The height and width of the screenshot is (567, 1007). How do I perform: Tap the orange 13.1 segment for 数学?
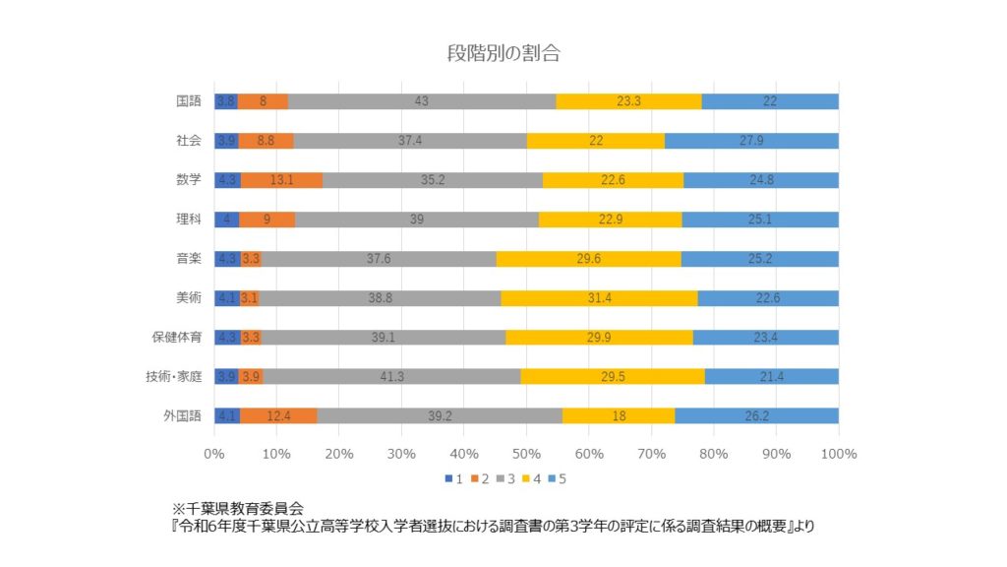pyautogui.click(x=281, y=179)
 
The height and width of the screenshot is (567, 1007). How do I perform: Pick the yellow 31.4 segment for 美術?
pyautogui.click(x=599, y=297)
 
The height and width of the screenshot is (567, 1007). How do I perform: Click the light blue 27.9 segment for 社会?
pyautogui.click(x=751, y=140)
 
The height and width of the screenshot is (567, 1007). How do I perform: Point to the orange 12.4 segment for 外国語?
pyautogui.click(x=278, y=415)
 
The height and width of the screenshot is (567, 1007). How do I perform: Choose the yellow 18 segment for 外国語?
pyautogui.click(x=619, y=415)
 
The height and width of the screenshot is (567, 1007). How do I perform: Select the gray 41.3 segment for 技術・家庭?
pyautogui.click(x=391, y=376)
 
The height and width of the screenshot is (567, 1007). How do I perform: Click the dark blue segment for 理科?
pyautogui.click(x=226, y=219)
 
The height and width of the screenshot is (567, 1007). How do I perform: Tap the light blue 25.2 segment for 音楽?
pyautogui.click(x=759, y=258)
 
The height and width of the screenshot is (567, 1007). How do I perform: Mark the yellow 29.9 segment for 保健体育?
pyautogui.click(x=599, y=337)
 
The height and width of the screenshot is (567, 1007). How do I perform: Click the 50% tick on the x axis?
pyautogui.click(x=525, y=454)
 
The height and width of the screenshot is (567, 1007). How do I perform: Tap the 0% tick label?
pyautogui.click(x=214, y=454)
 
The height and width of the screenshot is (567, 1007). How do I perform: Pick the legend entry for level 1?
pyautogui.click(x=453, y=479)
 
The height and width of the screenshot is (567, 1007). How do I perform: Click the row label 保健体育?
pyautogui.click(x=177, y=337)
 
